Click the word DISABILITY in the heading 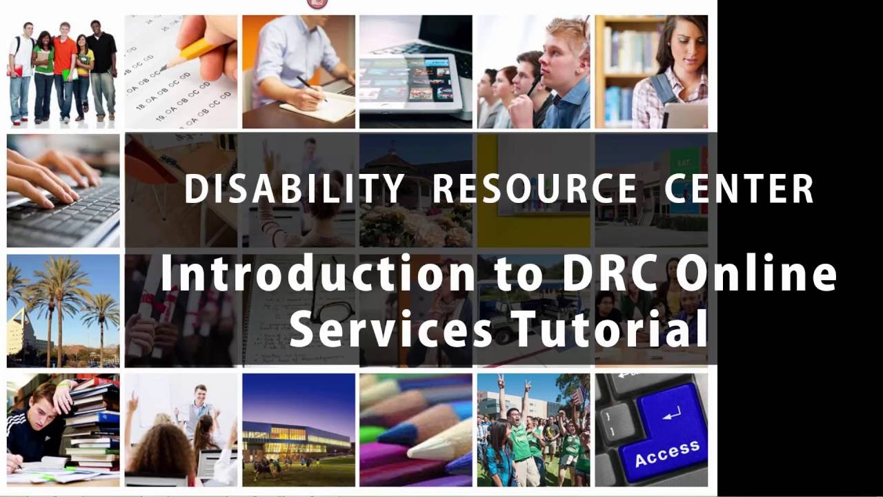[x=295, y=189]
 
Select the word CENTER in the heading [x=739, y=189]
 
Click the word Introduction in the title [x=318, y=274]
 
